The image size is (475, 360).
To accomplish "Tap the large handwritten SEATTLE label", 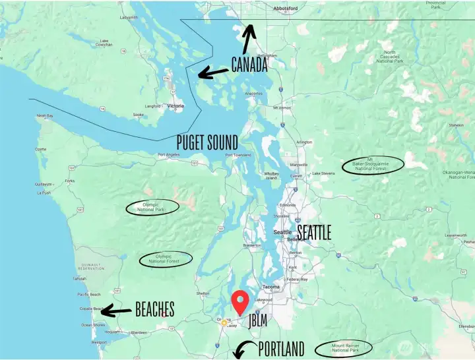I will coord(314,232).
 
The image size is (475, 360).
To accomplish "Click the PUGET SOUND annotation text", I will coord(207,142).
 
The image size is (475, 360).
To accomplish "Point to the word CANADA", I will coord(249,64).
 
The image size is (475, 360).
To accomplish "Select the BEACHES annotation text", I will coord(154,309).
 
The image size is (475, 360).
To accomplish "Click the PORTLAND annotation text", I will coord(282,348).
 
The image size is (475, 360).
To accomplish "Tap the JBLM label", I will coord(259,322).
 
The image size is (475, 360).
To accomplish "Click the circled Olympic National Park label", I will coord(154,207).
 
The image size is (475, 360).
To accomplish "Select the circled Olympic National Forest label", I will coord(166,259).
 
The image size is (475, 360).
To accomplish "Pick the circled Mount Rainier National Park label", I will coord(343,347).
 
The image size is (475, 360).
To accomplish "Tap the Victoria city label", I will coord(175,106).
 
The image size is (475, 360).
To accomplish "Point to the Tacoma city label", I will coord(271,287).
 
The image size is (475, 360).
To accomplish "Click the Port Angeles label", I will coord(169,156).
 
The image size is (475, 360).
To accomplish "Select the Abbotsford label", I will coord(286,9).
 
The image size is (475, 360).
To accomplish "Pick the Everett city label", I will coord(296,175).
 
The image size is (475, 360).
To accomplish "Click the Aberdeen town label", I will coord(139,333).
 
